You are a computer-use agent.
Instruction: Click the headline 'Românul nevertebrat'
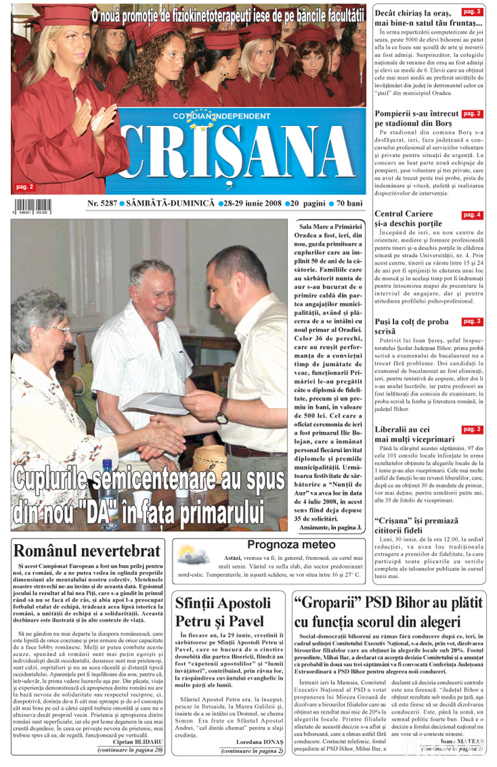87,551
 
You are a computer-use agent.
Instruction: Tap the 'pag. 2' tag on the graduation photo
25,187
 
